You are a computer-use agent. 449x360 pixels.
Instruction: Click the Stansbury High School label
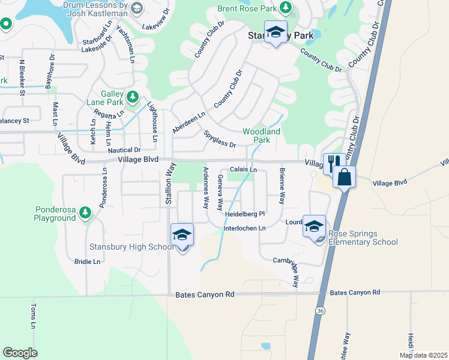coord(131,247)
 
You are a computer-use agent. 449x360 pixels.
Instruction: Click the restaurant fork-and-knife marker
coord(333,161)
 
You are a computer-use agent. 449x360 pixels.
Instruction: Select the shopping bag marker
coord(345,177)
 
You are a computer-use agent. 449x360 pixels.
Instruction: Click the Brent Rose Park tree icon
coord(286,7)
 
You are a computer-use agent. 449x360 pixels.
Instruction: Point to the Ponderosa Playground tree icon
coord(85,212)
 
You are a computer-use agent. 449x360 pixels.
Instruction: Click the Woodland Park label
coord(261,136)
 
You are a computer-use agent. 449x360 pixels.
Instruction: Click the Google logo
coord(20,353)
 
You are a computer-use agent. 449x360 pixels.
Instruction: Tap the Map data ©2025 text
coord(423,355)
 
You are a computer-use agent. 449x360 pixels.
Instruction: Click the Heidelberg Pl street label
coord(245,214)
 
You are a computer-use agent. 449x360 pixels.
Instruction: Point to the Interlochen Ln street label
coord(244,228)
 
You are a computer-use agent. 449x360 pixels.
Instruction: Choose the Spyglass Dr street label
coord(219,140)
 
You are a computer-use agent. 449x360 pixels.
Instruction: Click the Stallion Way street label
coord(169,188)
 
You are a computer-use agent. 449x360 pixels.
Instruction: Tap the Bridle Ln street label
coord(88,262)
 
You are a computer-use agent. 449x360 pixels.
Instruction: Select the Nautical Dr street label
coord(125,150)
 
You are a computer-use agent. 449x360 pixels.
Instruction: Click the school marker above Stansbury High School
coord(182,235)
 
